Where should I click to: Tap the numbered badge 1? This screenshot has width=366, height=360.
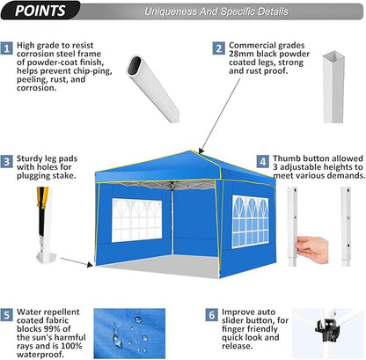[x=8, y=48]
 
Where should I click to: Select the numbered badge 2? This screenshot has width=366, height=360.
[x=217, y=48]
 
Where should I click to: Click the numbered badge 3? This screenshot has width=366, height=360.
[x=8, y=161]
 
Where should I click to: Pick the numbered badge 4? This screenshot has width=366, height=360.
[x=263, y=161]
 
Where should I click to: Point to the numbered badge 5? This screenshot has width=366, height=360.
[x=8, y=314]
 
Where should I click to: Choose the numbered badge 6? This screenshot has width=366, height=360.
[x=211, y=314]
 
